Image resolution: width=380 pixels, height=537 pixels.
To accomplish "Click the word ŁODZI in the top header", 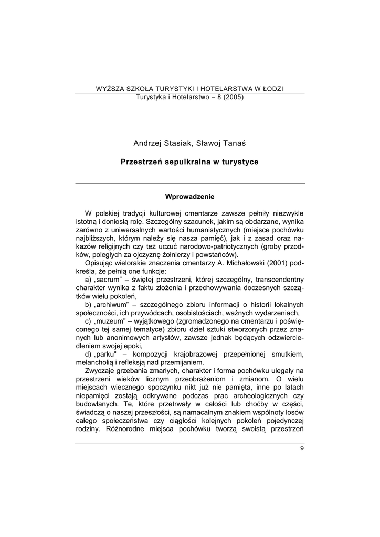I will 272,88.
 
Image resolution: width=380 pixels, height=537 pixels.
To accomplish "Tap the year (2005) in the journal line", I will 229,97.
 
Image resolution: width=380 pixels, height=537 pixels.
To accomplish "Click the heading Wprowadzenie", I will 189,197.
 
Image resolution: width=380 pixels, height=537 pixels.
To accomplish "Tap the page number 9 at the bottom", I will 302,448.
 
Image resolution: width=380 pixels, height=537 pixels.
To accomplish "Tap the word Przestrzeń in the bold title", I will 142,162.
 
